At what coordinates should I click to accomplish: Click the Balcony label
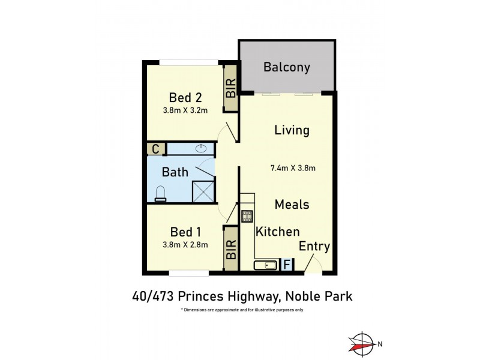tap(286, 67)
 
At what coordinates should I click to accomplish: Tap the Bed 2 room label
tap(185, 97)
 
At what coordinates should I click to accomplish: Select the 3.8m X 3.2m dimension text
tap(185, 110)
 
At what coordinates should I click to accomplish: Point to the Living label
tap(292, 130)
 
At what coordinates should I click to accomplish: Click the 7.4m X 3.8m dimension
tap(293, 169)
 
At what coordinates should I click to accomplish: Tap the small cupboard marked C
tap(155, 149)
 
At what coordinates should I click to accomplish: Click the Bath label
tap(175, 172)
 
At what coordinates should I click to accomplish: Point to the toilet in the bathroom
tap(160, 193)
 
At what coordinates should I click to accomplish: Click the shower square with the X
tap(203, 191)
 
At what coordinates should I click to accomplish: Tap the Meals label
tap(292, 205)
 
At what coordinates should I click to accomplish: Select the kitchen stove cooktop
tap(247, 216)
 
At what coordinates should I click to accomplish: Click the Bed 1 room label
tap(185, 232)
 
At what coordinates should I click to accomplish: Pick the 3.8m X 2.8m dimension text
tap(185, 244)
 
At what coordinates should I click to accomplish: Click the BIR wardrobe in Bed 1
tap(230, 248)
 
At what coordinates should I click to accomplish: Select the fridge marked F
tap(287, 265)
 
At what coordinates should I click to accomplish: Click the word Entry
tap(314, 247)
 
